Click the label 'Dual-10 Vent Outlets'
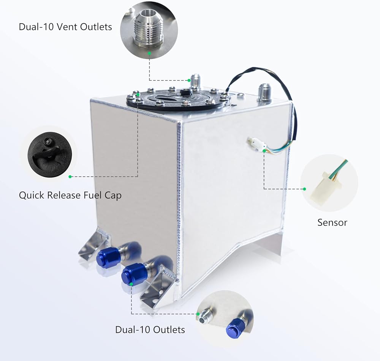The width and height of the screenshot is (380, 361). pyautogui.click(x=65, y=27)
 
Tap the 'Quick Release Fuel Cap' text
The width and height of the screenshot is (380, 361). pyautogui.click(x=70, y=195)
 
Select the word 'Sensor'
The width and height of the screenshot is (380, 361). pyautogui.click(x=332, y=222)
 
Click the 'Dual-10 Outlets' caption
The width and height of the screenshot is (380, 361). pyautogui.click(x=150, y=329)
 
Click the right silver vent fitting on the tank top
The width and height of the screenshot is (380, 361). pyautogui.click(x=264, y=93)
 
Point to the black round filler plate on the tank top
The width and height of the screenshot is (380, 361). pyautogui.click(x=179, y=99)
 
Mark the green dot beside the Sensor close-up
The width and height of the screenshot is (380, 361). pyautogui.click(x=304, y=189)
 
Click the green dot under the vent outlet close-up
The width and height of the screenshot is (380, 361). pyautogui.click(x=150, y=54)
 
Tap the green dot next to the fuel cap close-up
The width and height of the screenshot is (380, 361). pyautogui.click(x=70, y=177)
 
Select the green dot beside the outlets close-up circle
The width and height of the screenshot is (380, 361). pyautogui.click(x=198, y=314)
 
